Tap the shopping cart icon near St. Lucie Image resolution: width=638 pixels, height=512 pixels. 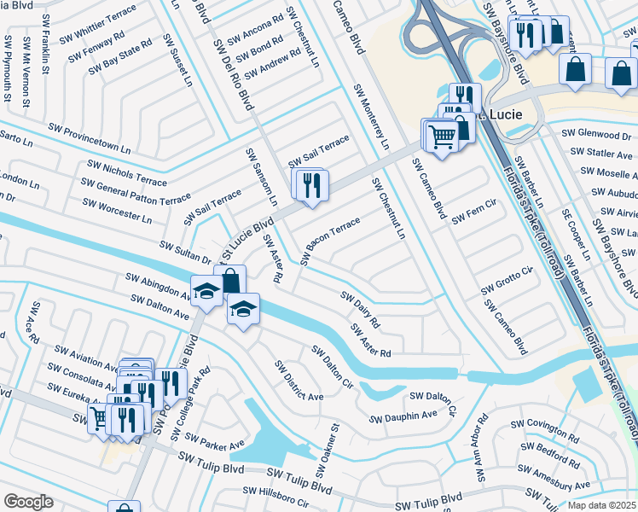pyautogui.click(x=441, y=136)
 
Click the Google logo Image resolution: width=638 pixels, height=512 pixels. pyautogui.click(x=28, y=501)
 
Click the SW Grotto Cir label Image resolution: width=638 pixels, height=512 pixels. pyautogui.click(x=507, y=282)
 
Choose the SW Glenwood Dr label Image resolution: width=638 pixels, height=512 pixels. pyautogui.click(x=596, y=135)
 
